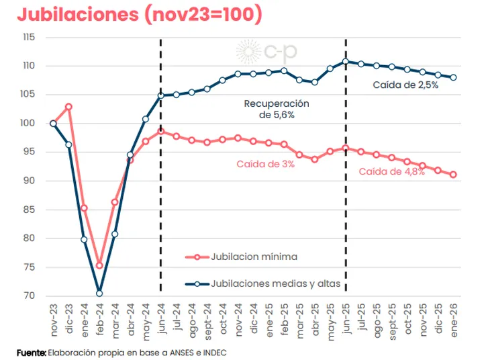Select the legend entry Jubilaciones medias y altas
coord(275,284)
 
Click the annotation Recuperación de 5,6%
coord(277,109)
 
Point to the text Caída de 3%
coord(265,164)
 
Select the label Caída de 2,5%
coord(405,85)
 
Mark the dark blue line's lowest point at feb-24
coord(99,293)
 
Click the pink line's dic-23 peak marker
coord(68,107)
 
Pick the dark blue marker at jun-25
coord(346,61)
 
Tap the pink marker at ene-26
coord(454,175)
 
